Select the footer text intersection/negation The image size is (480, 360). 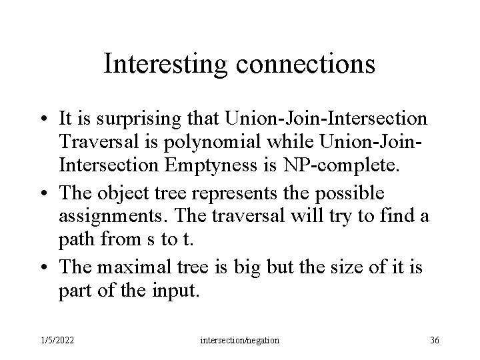pyautogui.click(x=240, y=340)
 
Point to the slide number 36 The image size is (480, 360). pyautogui.click(x=435, y=340)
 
